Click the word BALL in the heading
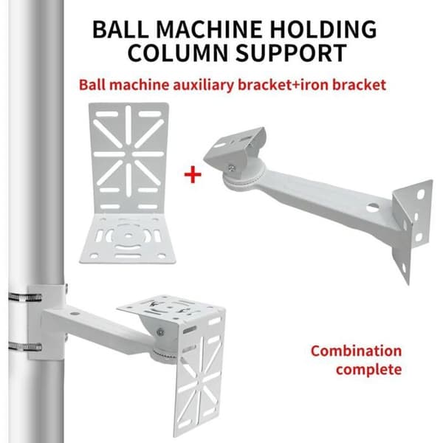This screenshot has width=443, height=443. coord(120,29)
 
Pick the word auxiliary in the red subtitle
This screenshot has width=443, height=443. coord(204,85)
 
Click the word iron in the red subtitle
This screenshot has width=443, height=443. coord(315,85)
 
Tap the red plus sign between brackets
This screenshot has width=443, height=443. coord(193,174)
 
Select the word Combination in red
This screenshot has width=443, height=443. coord(357,351)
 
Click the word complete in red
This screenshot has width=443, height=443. coord(369,369)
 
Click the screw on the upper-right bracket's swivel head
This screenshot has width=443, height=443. coord(232,168)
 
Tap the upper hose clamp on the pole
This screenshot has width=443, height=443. coord(25,298)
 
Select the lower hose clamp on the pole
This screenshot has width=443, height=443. coord(25,346)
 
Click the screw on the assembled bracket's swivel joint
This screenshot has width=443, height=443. coord(160,332)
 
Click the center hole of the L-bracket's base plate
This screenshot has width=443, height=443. coord(128,236)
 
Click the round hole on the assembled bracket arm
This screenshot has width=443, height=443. coord(75,314)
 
